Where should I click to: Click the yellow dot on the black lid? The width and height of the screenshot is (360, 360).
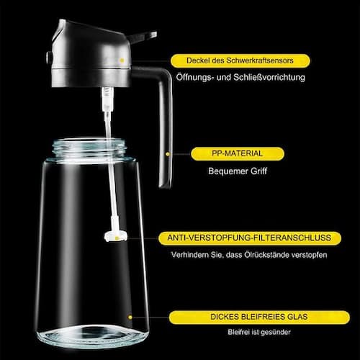click(122, 60)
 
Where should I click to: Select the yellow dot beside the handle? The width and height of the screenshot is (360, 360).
click(168, 153)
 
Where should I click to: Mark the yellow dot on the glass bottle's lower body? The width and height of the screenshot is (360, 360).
click(130, 316)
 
